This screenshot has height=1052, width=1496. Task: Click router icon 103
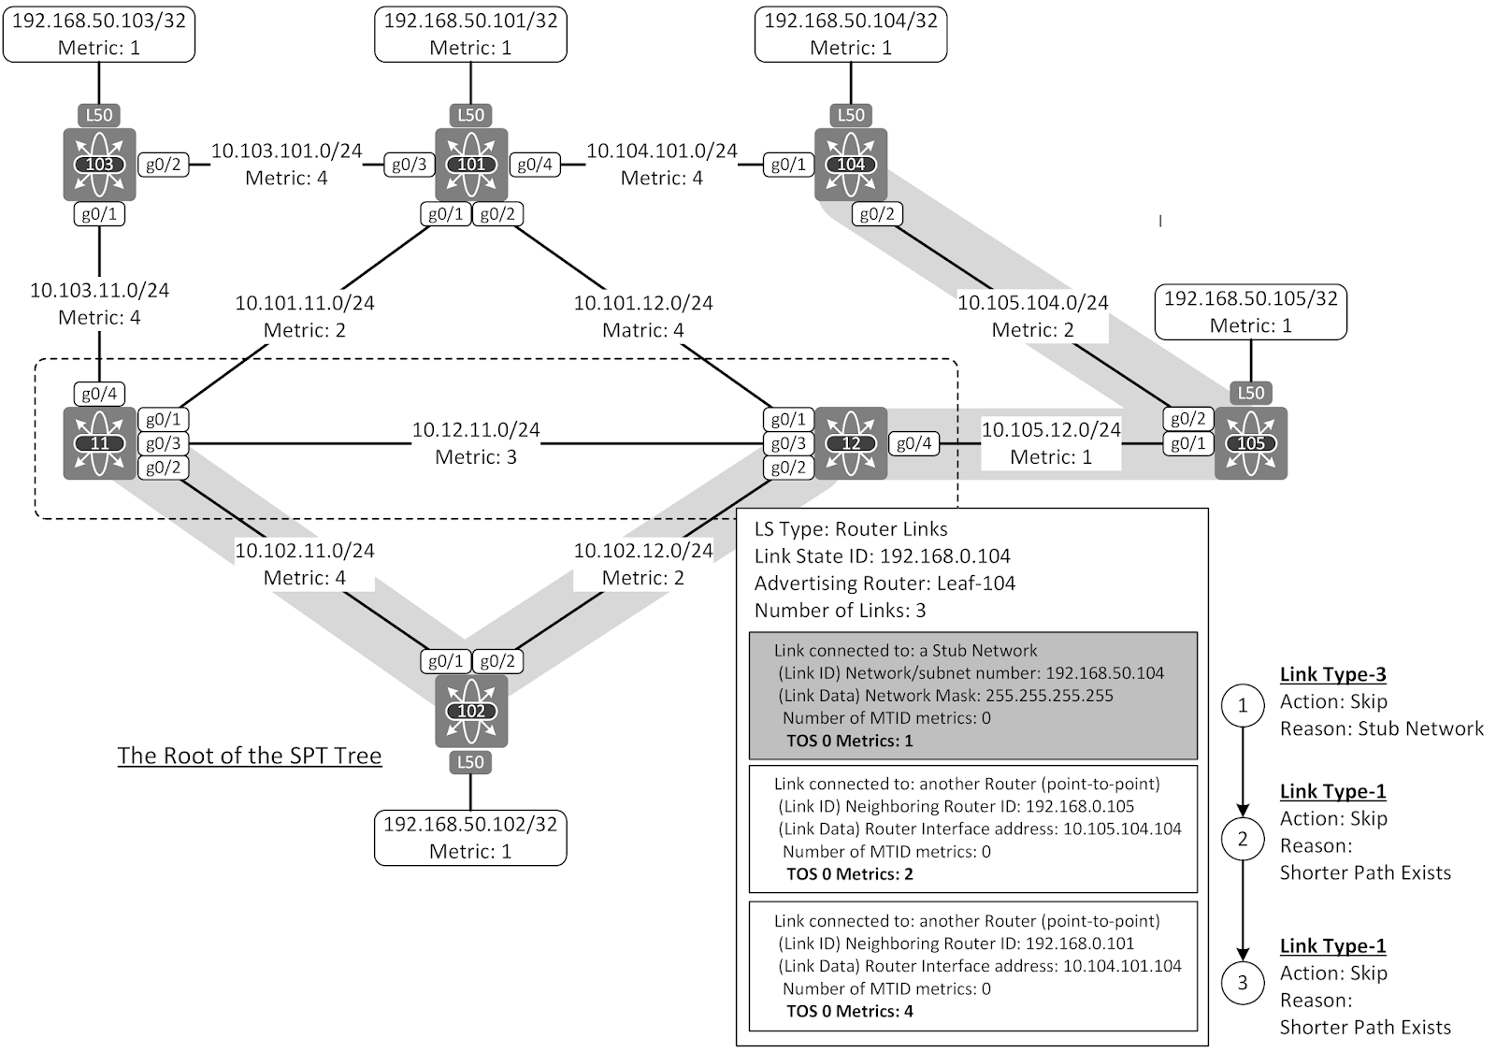(x=99, y=165)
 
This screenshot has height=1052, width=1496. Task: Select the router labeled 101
(x=470, y=165)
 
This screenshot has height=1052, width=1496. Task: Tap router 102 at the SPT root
(x=470, y=711)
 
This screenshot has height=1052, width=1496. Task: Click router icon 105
(x=1250, y=443)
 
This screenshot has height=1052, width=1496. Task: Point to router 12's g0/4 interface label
(x=913, y=443)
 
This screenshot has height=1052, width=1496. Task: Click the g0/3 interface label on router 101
(x=409, y=165)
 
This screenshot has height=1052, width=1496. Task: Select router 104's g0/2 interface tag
(x=876, y=214)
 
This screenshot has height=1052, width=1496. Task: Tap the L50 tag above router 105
(x=1250, y=394)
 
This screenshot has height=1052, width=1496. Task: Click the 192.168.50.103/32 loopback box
(x=99, y=35)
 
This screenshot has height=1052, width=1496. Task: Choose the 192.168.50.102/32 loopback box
(x=470, y=837)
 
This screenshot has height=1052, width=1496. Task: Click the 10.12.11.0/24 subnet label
(x=476, y=430)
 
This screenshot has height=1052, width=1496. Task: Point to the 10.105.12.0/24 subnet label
(x=1050, y=430)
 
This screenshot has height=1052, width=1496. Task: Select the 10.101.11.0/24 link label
(x=305, y=303)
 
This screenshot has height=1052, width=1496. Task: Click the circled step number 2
(x=1243, y=839)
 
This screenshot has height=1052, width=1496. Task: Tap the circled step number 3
(x=1243, y=982)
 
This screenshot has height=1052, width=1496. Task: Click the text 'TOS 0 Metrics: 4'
(x=849, y=1011)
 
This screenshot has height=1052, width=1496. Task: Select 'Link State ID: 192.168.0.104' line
(x=882, y=556)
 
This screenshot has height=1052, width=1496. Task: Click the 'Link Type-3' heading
(x=1332, y=674)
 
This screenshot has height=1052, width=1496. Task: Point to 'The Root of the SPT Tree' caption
(x=250, y=756)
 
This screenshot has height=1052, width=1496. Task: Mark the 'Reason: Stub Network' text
(x=1381, y=728)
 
